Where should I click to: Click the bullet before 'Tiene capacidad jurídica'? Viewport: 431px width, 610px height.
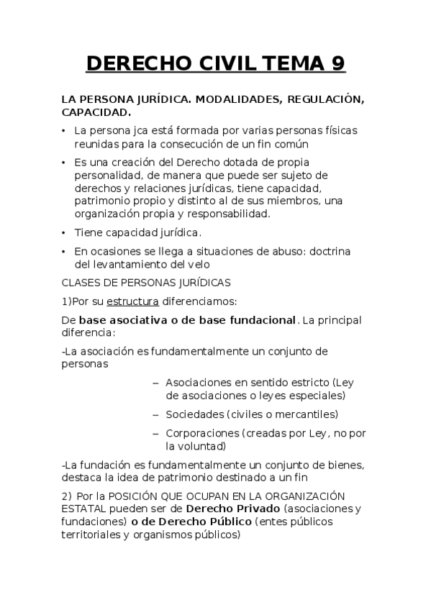pyautogui.click(x=64, y=233)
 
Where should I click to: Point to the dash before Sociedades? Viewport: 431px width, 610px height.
pyautogui.click(x=155, y=414)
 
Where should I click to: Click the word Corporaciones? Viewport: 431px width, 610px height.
pyautogui.click(x=201, y=433)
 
